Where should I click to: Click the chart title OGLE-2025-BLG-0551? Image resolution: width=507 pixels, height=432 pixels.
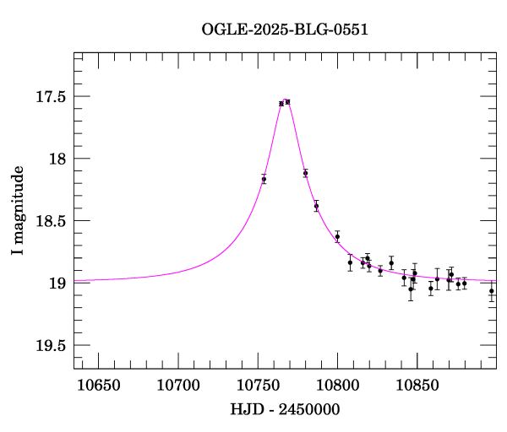tap(285, 30)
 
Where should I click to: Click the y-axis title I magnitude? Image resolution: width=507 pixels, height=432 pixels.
tap(18, 210)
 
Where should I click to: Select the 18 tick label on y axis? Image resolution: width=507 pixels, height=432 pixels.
tap(57, 159)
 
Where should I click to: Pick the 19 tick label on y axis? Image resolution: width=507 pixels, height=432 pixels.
tap(57, 283)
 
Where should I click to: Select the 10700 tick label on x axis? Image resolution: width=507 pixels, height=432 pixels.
tap(179, 386)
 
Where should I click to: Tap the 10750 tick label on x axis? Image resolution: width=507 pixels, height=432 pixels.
tap(259, 386)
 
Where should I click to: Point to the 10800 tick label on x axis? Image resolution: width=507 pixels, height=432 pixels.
tap(338, 386)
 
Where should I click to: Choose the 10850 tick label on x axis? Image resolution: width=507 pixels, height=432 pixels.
tap(417, 386)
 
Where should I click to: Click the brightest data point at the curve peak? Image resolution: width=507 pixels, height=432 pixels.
tap(287, 102)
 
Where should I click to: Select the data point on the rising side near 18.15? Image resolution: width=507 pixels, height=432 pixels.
tap(264, 179)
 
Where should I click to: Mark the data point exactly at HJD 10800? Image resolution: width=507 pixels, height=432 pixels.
tap(337, 237)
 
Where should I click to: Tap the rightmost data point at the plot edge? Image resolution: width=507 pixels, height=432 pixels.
tap(492, 291)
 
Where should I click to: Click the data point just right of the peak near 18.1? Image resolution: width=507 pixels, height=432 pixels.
tap(305, 173)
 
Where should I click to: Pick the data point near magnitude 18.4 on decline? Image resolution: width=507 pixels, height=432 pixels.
tap(316, 206)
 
